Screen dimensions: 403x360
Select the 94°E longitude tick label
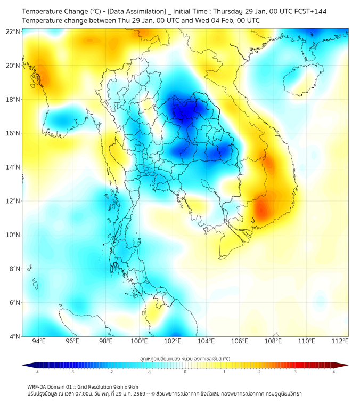(x=39, y=341)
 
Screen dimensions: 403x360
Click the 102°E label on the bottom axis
(x=173, y=341)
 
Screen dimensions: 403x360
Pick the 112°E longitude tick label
(x=340, y=341)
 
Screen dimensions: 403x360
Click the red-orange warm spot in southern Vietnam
(x=261, y=208)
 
